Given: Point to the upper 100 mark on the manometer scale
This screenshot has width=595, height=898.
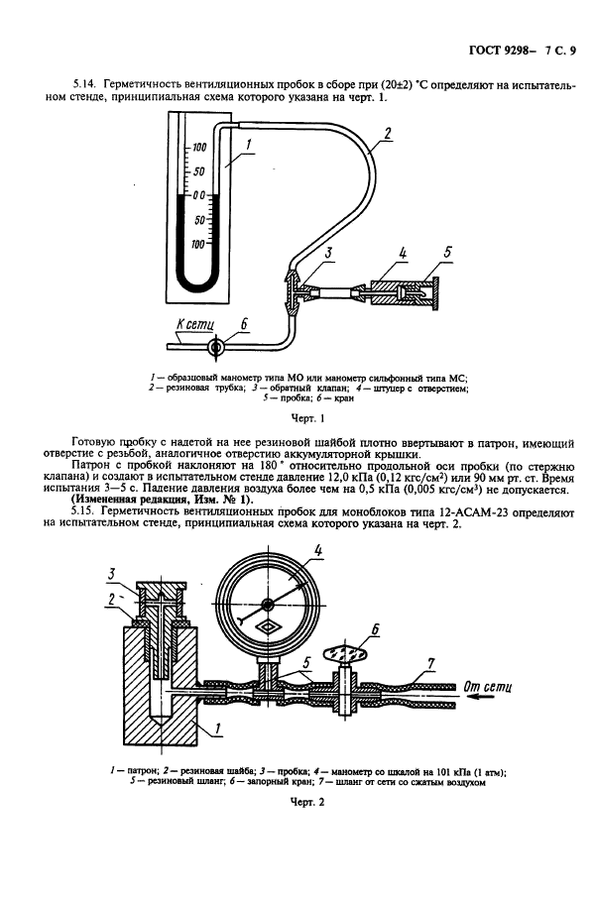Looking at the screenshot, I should (199, 148).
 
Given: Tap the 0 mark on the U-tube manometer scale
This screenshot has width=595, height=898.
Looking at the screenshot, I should (199, 195).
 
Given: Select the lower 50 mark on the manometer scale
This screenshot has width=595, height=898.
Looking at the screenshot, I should (199, 219).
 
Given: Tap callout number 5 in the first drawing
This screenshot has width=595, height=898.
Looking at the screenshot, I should (447, 253).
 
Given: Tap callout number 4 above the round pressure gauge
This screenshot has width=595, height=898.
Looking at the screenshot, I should (317, 551).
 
